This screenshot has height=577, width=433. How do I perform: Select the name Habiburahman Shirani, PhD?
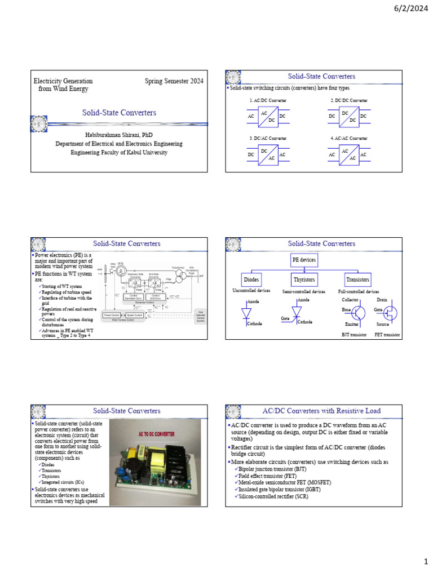pyautogui.click(x=118, y=135)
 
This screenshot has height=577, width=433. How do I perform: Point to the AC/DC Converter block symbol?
pyautogui.click(x=268, y=116)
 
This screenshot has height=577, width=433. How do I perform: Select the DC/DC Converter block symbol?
pyautogui.click(x=348, y=116)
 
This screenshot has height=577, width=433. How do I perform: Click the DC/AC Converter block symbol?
pyautogui.click(x=268, y=154)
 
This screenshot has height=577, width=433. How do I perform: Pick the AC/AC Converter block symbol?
pyautogui.click(x=348, y=154)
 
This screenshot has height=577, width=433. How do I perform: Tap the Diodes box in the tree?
pyautogui.click(x=251, y=279)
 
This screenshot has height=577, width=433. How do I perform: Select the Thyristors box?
pyautogui.click(x=304, y=279)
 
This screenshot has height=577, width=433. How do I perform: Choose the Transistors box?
pyautogui.click(x=357, y=279)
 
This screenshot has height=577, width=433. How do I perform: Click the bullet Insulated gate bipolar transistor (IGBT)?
pyautogui.click(x=280, y=489)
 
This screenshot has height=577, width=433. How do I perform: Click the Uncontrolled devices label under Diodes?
pyautogui.click(x=252, y=291)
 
